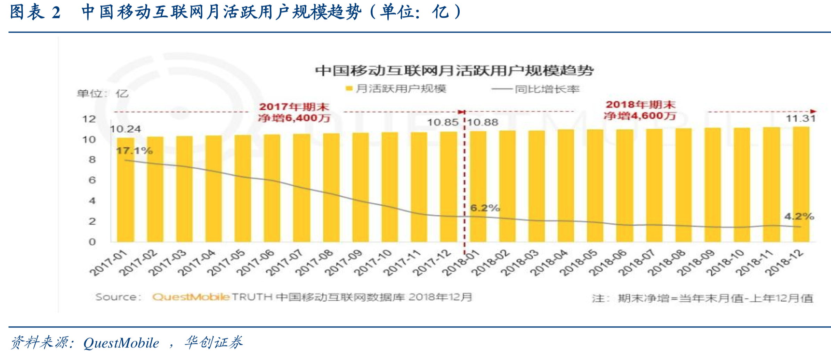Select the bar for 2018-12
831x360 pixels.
[801, 184]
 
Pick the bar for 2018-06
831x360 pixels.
[624, 186]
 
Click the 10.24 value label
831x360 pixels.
[126, 129]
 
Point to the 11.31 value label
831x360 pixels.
[800, 118]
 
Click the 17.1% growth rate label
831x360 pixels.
[134, 151]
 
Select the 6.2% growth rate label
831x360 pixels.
[485, 208]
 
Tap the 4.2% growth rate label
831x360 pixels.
[799, 216]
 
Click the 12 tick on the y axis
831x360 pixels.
[89, 119]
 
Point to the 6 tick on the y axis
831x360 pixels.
[92, 180]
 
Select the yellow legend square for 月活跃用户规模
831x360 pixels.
[349, 89]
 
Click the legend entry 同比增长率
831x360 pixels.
[547, 89]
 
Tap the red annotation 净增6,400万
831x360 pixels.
[294, 118]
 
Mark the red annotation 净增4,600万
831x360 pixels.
[640, 116]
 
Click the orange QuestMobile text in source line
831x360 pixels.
[191, 297]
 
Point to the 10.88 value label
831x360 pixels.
[483, 122]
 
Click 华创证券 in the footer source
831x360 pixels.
[213, 343]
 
